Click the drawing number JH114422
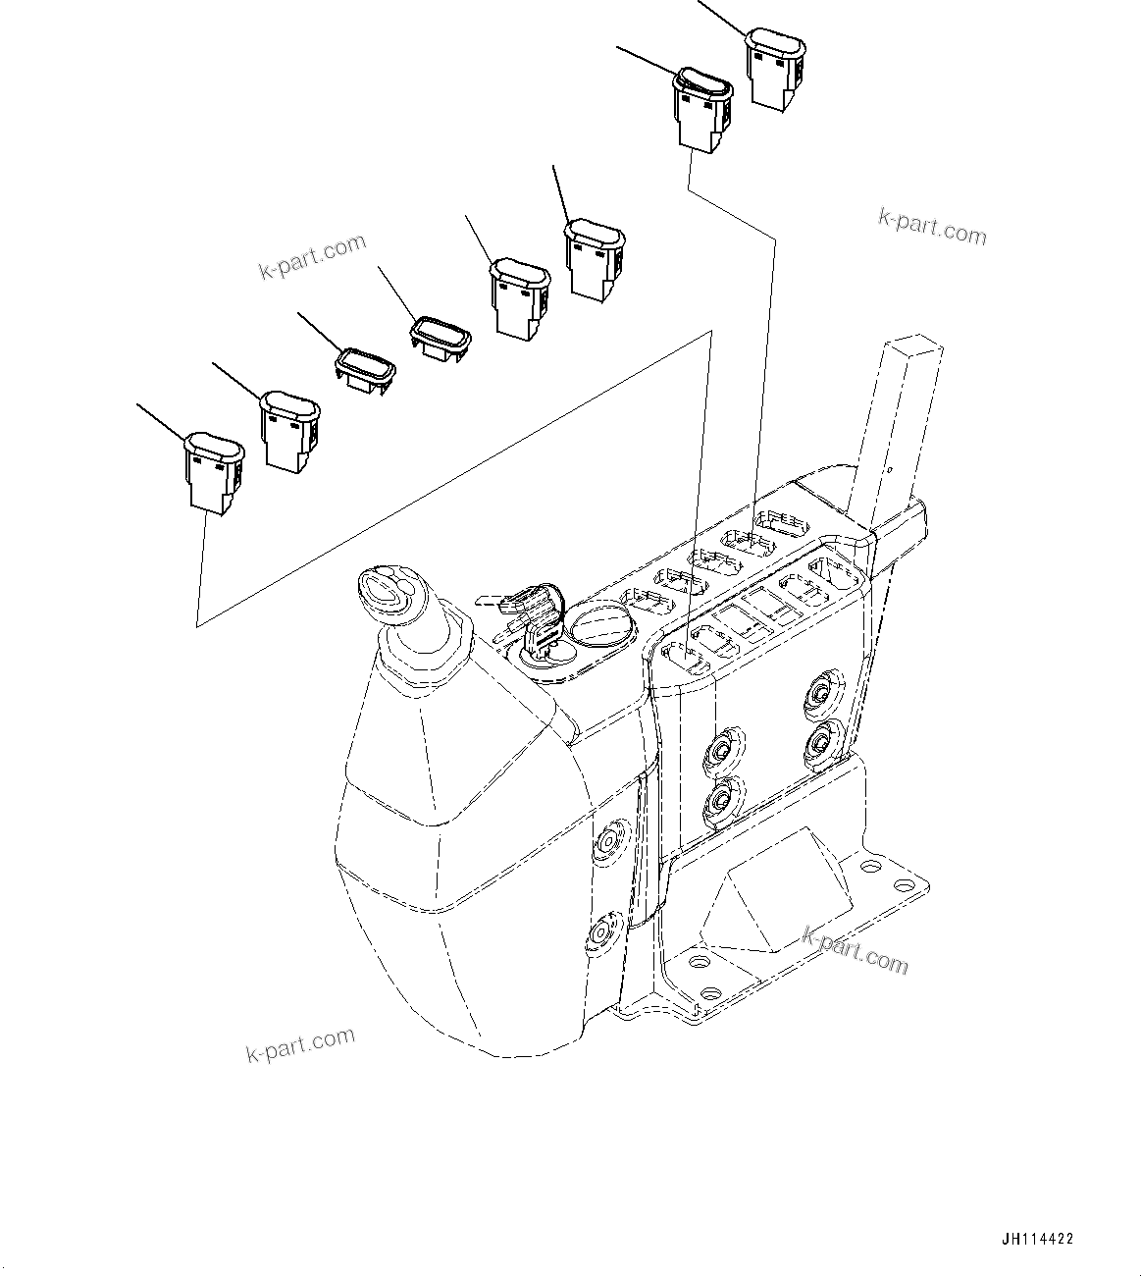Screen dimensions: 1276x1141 pos(1038,1240)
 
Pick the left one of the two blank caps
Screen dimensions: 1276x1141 pos(366,369)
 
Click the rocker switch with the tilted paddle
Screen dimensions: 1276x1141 pos(701,106)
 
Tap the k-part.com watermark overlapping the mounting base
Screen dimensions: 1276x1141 pos(855,948)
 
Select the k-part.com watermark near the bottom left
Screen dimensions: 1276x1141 pos(299,1043)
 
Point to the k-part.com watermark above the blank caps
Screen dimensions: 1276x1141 pos(312,255)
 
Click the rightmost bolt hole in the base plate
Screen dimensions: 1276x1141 pos(869,868)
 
